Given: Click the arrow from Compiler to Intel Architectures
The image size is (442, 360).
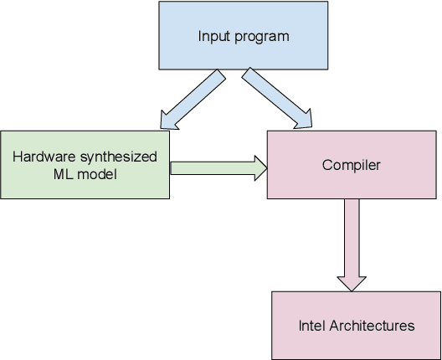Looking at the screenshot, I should pos(350,243).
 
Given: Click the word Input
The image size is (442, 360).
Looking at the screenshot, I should pos(213,36).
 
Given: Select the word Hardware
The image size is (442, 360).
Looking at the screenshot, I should pos(43,157).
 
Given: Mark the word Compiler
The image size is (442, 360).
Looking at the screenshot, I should pos(351,165).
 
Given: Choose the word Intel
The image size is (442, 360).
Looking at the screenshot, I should pos(311,325).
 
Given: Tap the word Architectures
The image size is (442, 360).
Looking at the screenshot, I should pos(371,325).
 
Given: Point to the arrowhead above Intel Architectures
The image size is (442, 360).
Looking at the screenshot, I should pos(350,280).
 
